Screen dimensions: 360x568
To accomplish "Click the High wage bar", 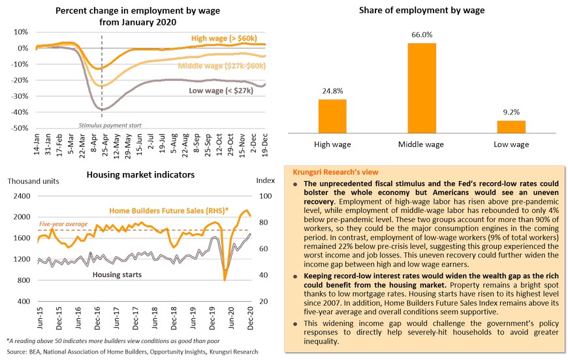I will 332,116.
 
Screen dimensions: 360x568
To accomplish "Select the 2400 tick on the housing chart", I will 22,196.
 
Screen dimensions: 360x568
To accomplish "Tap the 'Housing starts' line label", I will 117,274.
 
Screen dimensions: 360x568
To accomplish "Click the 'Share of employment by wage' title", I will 422,10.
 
